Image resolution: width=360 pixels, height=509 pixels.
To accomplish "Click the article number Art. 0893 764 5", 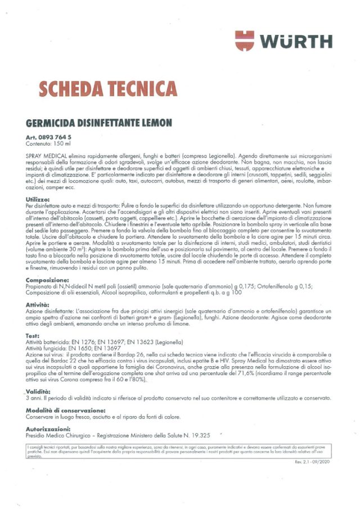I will (48, 137).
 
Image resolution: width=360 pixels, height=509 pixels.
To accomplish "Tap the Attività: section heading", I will (39, 304).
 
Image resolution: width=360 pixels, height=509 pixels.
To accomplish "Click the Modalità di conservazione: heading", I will (66, 411).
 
